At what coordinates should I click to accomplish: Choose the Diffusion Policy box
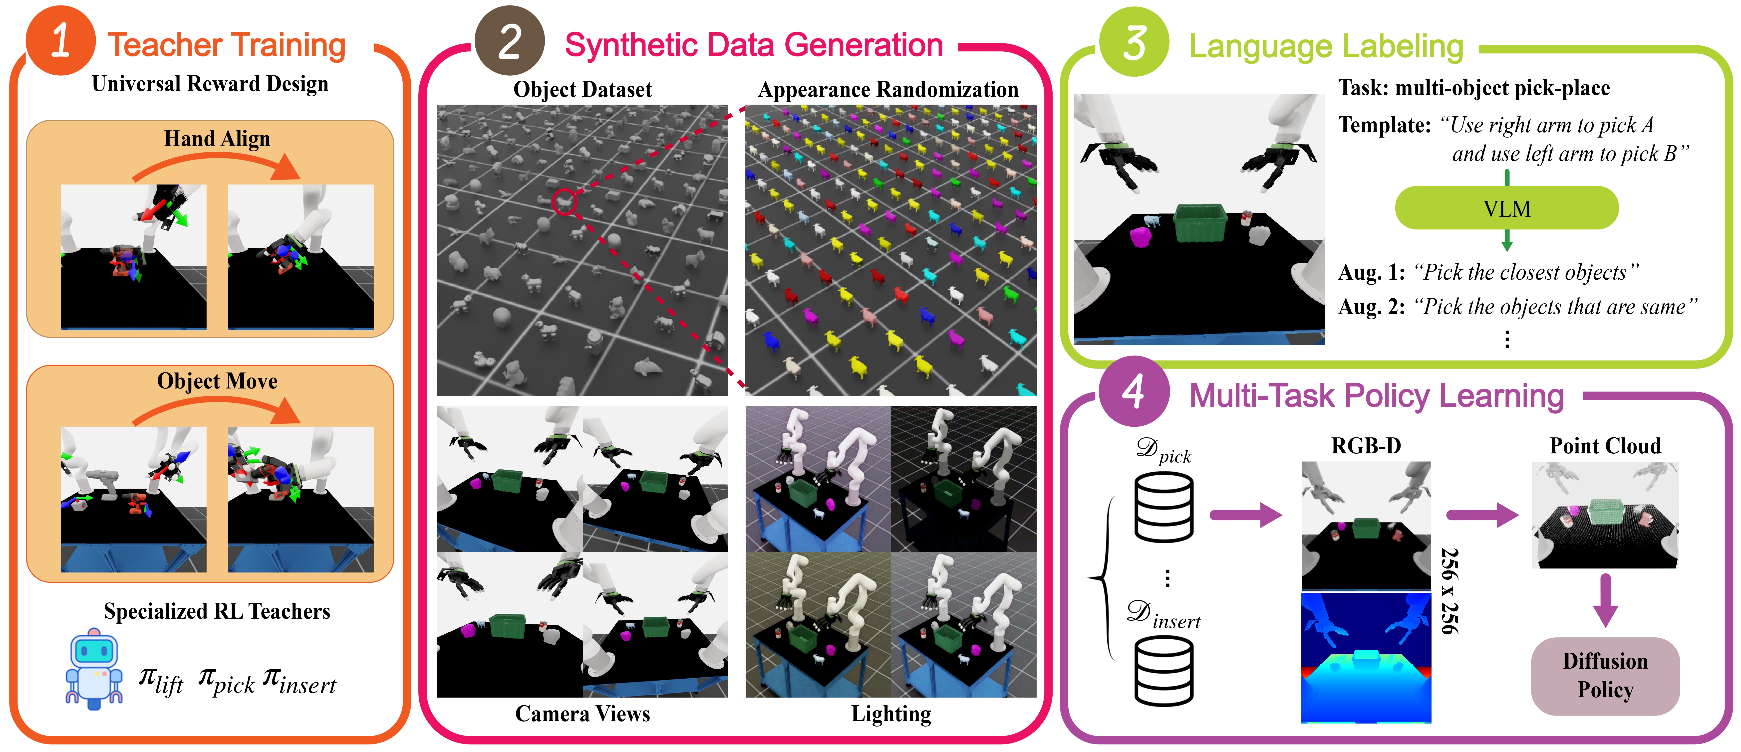coord(1605,676)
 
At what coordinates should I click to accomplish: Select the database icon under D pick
coord(1164,507)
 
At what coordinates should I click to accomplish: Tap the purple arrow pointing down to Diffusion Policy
coord(1605,600)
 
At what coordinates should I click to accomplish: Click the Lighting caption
coord(891,714)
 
